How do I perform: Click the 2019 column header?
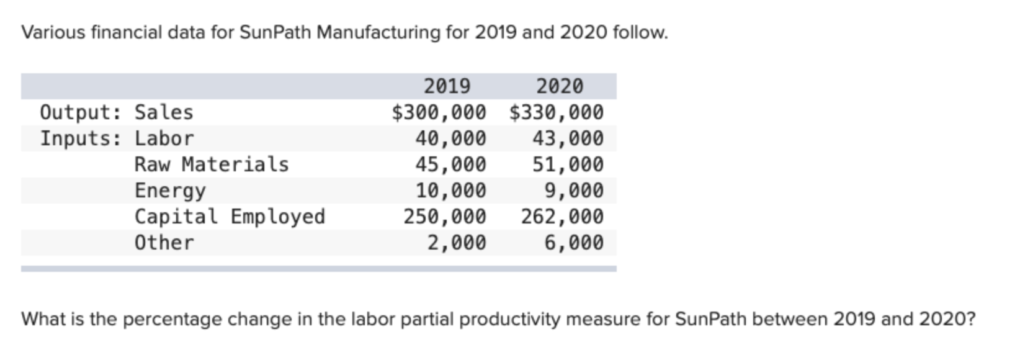[x=447, y=86]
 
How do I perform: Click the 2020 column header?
[x=560, y=86]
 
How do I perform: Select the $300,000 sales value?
[x=439, y=112]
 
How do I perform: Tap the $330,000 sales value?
[x=556, y=112]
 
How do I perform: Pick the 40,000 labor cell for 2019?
[x=450, y=138]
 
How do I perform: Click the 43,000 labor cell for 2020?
[x=568, y=138]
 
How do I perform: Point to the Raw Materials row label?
[x=212, y=164]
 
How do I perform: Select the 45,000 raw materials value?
[x=450, y=164]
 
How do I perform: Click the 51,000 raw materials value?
[x=568, y=164]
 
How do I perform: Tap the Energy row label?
[x=170, y=191]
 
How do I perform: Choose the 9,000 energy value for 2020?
[x=573, y=191]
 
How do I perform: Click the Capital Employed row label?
[x=230, y=217]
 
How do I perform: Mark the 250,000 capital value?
[x=445, y=217]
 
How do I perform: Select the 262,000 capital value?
[x=562, y=217]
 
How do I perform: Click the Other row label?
[x=164, y=243]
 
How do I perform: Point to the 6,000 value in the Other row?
[x=573, y=243]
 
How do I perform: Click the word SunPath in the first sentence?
[x=274, y=32]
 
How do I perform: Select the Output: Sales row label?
[x=117, y=112]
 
